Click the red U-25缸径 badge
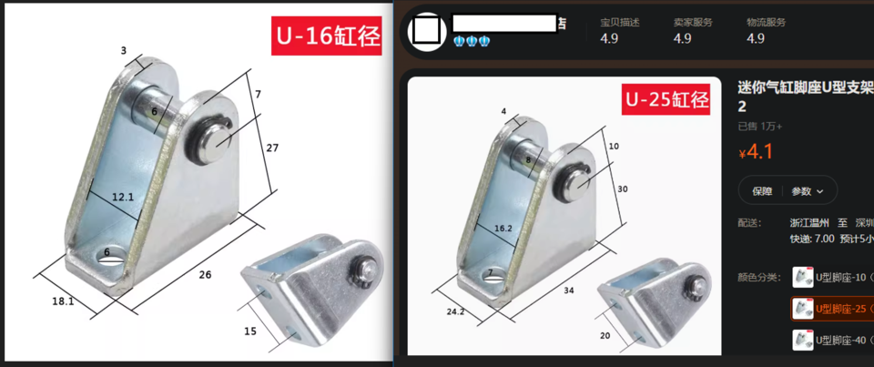[x=666, y=98]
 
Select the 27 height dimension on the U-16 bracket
[x=273, y=147]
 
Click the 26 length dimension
[x=205, y=273]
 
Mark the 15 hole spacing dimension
[x=250, y=331]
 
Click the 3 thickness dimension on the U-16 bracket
[x=124, y=51]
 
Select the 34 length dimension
[x=568, y=291]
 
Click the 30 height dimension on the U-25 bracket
[x=622, y=189]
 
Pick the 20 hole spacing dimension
[x=604, y=334]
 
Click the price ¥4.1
[x=755, y=152]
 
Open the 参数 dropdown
[x=807, y=191]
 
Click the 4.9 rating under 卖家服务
[x=682, y=38]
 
